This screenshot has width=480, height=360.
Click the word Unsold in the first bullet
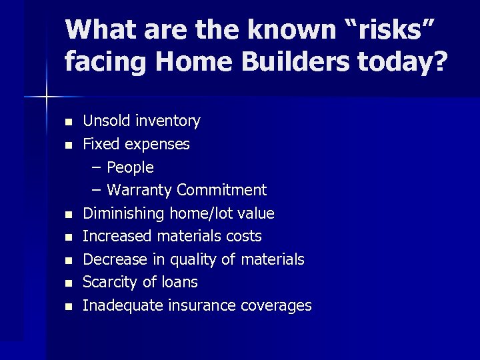pyautogui.click(x=107, y=121)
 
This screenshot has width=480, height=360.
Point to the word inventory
pyautogui.click(x=167, y=121)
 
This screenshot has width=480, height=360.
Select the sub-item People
pyautogui.click(x=130, y=167)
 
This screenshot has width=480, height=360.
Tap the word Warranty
pyautogui.click(x=139, y=190)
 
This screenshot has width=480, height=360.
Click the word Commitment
pyautogui.click(x=221, y=190)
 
